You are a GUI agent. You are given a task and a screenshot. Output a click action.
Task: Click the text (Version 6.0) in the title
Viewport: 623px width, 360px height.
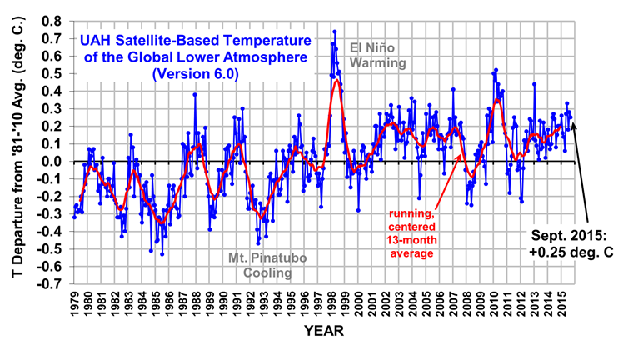(196, 73)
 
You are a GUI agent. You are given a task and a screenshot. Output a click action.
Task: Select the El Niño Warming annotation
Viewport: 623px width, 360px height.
(377, 55)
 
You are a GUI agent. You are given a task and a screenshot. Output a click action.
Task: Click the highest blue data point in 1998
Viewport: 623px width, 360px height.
(334, 32)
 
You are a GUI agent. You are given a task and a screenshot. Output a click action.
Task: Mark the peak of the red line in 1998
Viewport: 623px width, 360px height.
(336, 80)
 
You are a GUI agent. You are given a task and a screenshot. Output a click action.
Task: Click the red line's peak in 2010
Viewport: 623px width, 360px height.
(497, 99)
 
